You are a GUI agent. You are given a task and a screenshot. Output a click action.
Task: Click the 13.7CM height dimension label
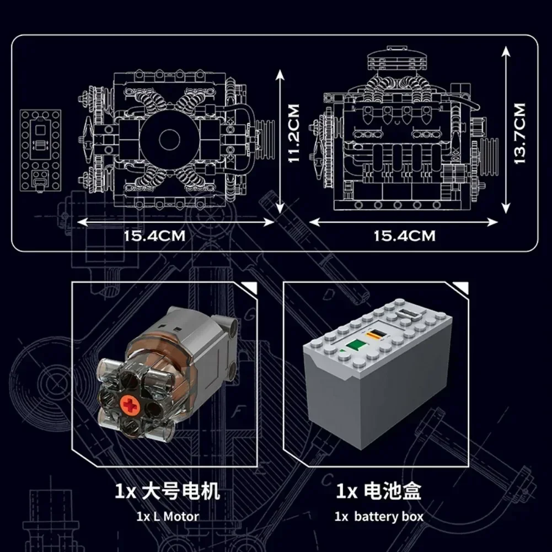point(519,133)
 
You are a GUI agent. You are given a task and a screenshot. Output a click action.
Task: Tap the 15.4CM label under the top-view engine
point(154,236)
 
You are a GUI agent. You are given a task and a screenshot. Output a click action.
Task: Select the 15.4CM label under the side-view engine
point(404,236)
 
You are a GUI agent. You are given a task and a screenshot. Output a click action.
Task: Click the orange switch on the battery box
point(376,334)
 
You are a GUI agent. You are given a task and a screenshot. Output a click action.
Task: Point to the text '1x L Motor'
point(168,517)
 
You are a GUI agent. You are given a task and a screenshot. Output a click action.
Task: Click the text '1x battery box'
point(379,517)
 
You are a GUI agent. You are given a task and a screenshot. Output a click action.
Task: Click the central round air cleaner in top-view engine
point(165,138)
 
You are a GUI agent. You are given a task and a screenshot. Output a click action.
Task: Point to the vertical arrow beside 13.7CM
point(506,130)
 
